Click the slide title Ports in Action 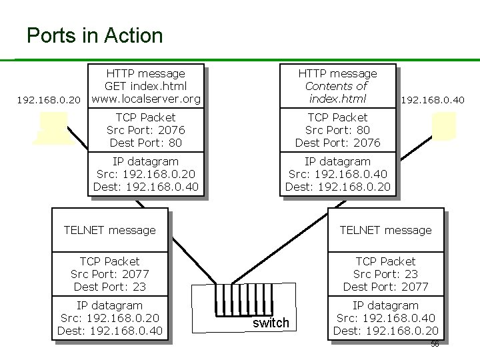click(94, 35)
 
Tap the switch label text click(271, 323)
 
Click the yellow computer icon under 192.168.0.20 click(53, 127)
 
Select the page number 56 click(434, 344)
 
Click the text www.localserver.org click(146, 99)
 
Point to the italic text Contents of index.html click(337, 92)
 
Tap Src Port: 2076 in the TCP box click(145, 130)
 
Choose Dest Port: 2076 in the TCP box click(337, 143)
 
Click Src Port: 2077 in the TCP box click(109, 274)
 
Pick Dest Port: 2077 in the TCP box click(385, 287)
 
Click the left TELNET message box click(109, 230)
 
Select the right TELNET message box click(385, 230)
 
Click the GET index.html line click(145, 86)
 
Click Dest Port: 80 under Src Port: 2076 click(145, 143)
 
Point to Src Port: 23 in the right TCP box click(385, 274)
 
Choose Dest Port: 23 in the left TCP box click(109, 287)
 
